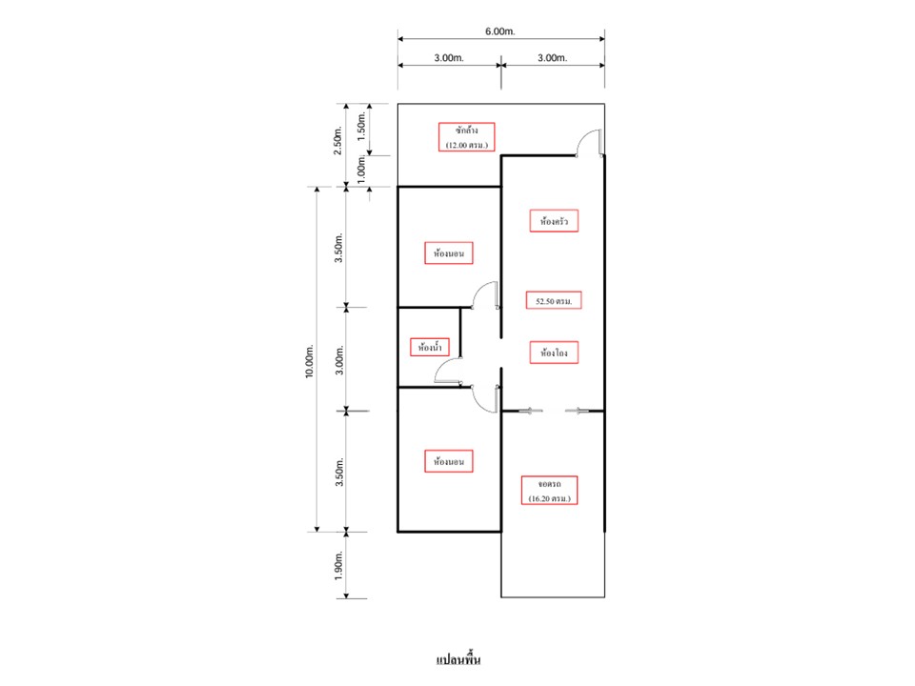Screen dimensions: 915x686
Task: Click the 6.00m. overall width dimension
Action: click(x=500, y=31)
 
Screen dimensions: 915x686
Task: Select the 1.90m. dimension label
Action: click(x=339, y=566)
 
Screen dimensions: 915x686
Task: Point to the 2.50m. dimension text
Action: click(x=337, y=141)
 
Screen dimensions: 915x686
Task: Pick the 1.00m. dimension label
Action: click(x=361, y=170)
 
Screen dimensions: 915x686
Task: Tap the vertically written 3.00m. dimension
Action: click(x=339, y=360)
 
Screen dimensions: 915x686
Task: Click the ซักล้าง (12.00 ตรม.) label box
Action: click(x=466, y=137)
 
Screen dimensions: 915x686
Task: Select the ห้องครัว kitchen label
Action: click(x=554, y=221)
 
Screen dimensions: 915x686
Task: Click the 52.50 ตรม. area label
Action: click(x=554, y=300)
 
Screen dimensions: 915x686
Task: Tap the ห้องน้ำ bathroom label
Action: click(x=430, y=347)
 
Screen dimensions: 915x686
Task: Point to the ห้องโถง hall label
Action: click(x=554, y=353)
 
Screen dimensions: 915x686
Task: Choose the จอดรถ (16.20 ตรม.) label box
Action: click(x=549, y=490)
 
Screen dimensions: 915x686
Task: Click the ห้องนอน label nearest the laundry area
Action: click(x=449, y=253)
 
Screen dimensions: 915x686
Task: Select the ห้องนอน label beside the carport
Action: click(x=449, y=461)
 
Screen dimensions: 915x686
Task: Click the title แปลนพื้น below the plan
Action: click(x=458, y=659)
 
